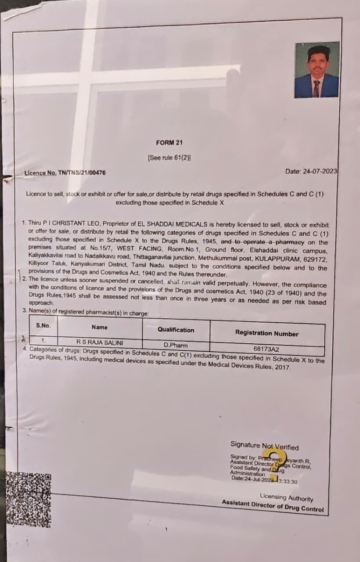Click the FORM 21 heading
point(169,143)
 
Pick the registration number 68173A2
point(266,349)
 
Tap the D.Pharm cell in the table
point(176,345)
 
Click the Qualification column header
point(176,330)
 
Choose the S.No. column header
point(43,325)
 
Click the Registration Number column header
point(266,333)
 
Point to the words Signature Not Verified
point(264,446)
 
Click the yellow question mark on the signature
point(272,461)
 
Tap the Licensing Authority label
point(286,497)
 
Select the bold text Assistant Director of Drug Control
point(272,506)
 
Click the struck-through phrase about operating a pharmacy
point(263,242)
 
